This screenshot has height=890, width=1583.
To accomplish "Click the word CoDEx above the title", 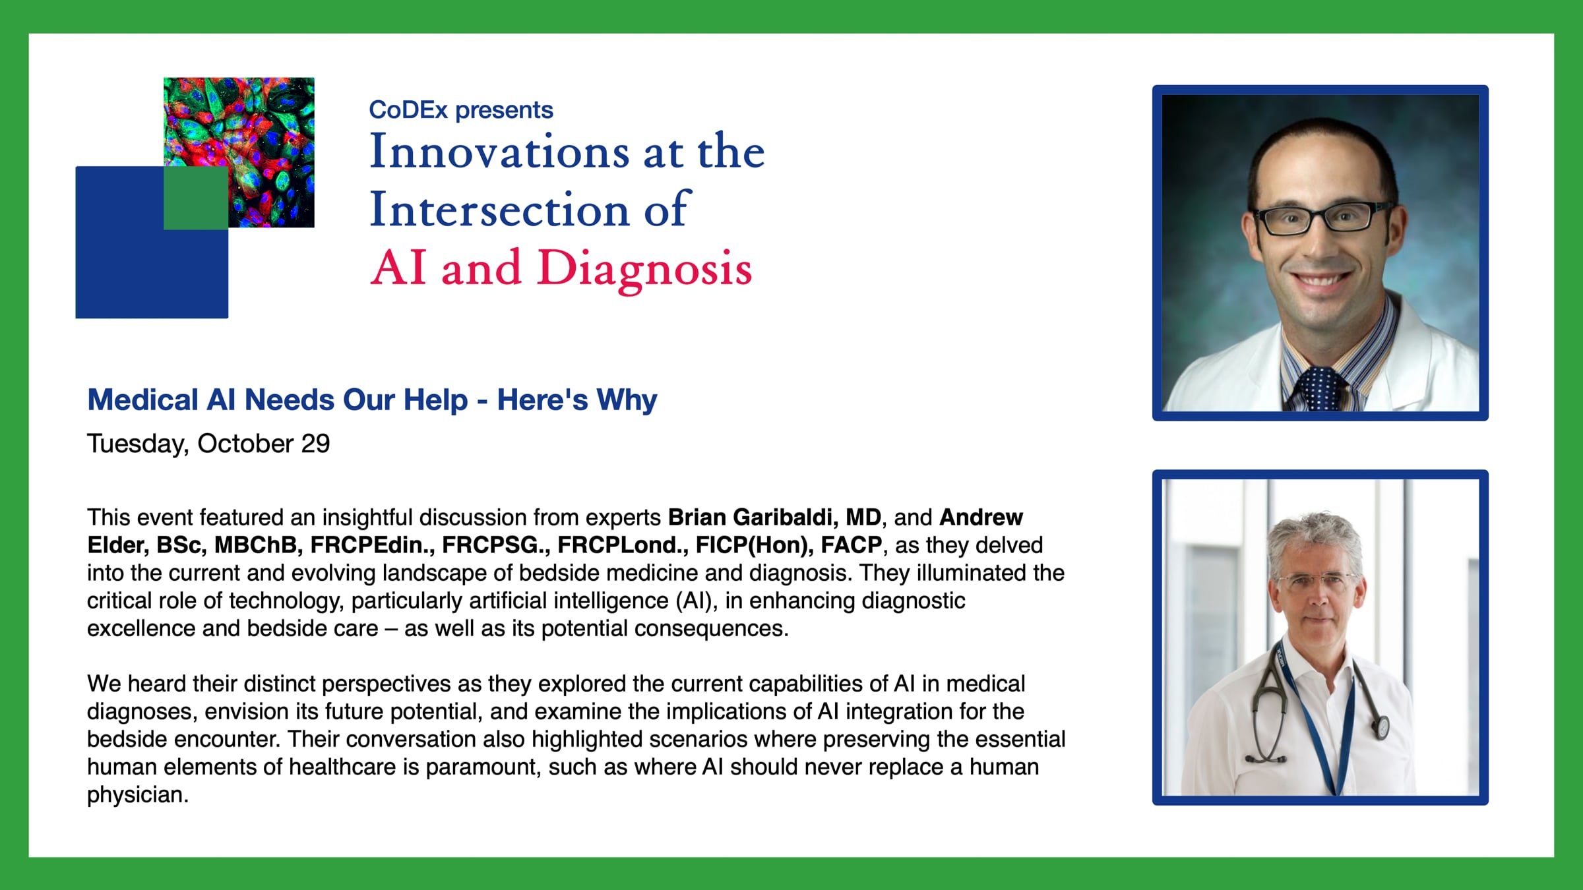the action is coord(408,109).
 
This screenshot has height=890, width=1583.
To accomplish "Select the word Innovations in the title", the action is coord(499,151).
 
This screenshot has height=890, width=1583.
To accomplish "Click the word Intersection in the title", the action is coord(499,209).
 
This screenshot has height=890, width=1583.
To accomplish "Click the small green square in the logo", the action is coord(196,198).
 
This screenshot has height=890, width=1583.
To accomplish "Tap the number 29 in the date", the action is coord(315,444).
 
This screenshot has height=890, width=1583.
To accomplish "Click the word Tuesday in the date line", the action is coord(138,444).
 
